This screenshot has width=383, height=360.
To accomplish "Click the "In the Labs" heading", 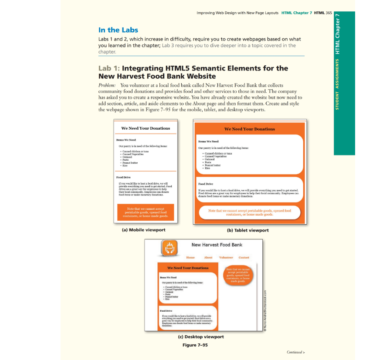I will tap(118, 30).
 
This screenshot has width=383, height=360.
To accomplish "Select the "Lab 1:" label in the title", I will tap(109, 68).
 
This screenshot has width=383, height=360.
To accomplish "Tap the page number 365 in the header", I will tap(329, 13).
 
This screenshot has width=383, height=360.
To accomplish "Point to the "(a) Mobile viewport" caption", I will tap(143, 230).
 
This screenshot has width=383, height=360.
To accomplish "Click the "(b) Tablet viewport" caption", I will tap(248, 230).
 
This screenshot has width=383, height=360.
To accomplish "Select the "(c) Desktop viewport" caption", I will tap(201, 337).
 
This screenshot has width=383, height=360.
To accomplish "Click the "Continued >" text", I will tap(295, 352).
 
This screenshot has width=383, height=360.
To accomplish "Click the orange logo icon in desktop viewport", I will tap(169, 248).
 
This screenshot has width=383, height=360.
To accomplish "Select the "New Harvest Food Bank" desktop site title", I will tap(217, 245).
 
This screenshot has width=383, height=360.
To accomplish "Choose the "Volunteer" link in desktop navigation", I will tap(226, 258).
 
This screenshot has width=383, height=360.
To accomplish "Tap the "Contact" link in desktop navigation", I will tap(244, 258).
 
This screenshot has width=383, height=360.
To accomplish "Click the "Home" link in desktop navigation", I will tap(190, 258).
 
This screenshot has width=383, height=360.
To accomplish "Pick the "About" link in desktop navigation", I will tap(208, 258).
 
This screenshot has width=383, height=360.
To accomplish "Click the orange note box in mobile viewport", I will tap(146, 212).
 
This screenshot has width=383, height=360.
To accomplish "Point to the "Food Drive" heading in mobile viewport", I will tap(123, 178).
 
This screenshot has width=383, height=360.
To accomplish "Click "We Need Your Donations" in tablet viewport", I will tap(249, 129).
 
